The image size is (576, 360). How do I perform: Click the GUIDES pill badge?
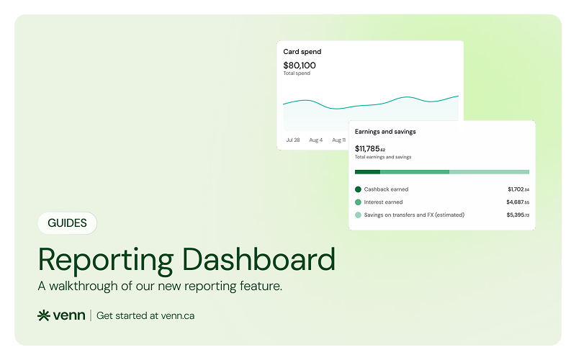coord(67,223)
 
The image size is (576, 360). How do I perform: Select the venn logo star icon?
coord(44,315)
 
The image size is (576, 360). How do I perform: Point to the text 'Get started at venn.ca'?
coord(145,315)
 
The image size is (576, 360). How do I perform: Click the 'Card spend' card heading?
coord(302,52)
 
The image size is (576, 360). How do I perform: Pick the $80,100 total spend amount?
coord(300,66)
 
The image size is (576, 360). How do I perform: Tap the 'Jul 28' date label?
coord(293,140)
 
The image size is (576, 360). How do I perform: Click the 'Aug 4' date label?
coord(316,140)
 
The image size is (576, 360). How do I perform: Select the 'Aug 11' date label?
coord(338,140)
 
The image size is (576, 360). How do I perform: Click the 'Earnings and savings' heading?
coord(385,132)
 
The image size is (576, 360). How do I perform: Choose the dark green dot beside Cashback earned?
coord(358,189)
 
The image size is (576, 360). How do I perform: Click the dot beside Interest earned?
coord(358,202)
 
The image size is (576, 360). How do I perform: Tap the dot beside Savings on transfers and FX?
coord(358,215)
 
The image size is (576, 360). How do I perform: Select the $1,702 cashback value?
coord(518,189)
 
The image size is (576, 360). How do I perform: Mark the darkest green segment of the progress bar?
coord(367,172)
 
